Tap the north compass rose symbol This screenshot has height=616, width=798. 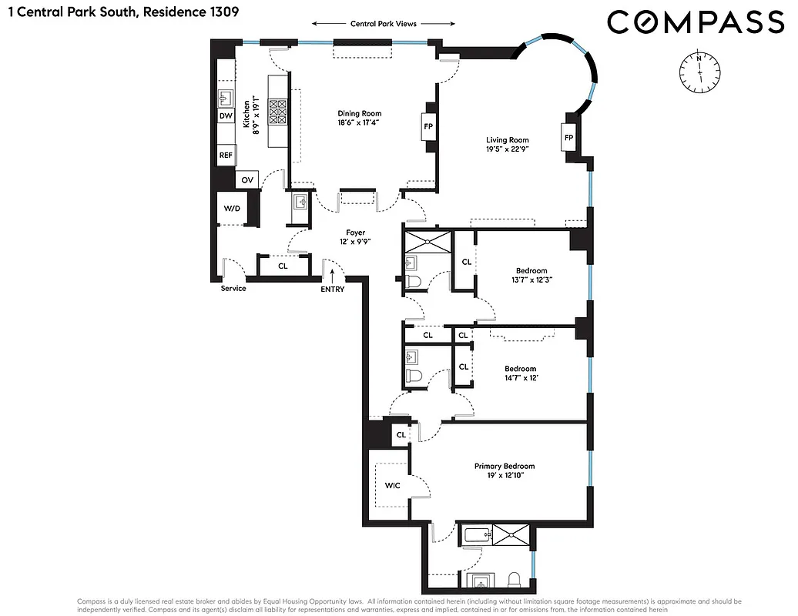click(x=699, y=69)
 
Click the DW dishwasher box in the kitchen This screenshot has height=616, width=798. click(x=226, y=116)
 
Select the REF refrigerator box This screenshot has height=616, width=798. click(x=226, y=155)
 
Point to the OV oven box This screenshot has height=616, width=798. click(x=247, y=179)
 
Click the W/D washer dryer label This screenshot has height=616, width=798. click(x=231, y=209)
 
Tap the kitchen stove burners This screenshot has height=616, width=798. click(x=277, y=112)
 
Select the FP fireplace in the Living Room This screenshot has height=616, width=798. click(x=569, y=138)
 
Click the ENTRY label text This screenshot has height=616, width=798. click(x=333, y=289)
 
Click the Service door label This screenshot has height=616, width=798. click(x=233, y=289)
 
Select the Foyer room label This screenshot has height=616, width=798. click(x=355, y=233)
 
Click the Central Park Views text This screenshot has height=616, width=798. click(x=383, y=24)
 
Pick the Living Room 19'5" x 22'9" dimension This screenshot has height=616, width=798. click(x=507, y=149)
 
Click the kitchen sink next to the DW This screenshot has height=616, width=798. click(x=226, y=97)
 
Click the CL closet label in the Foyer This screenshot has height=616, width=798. click(x=283, y=266)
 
